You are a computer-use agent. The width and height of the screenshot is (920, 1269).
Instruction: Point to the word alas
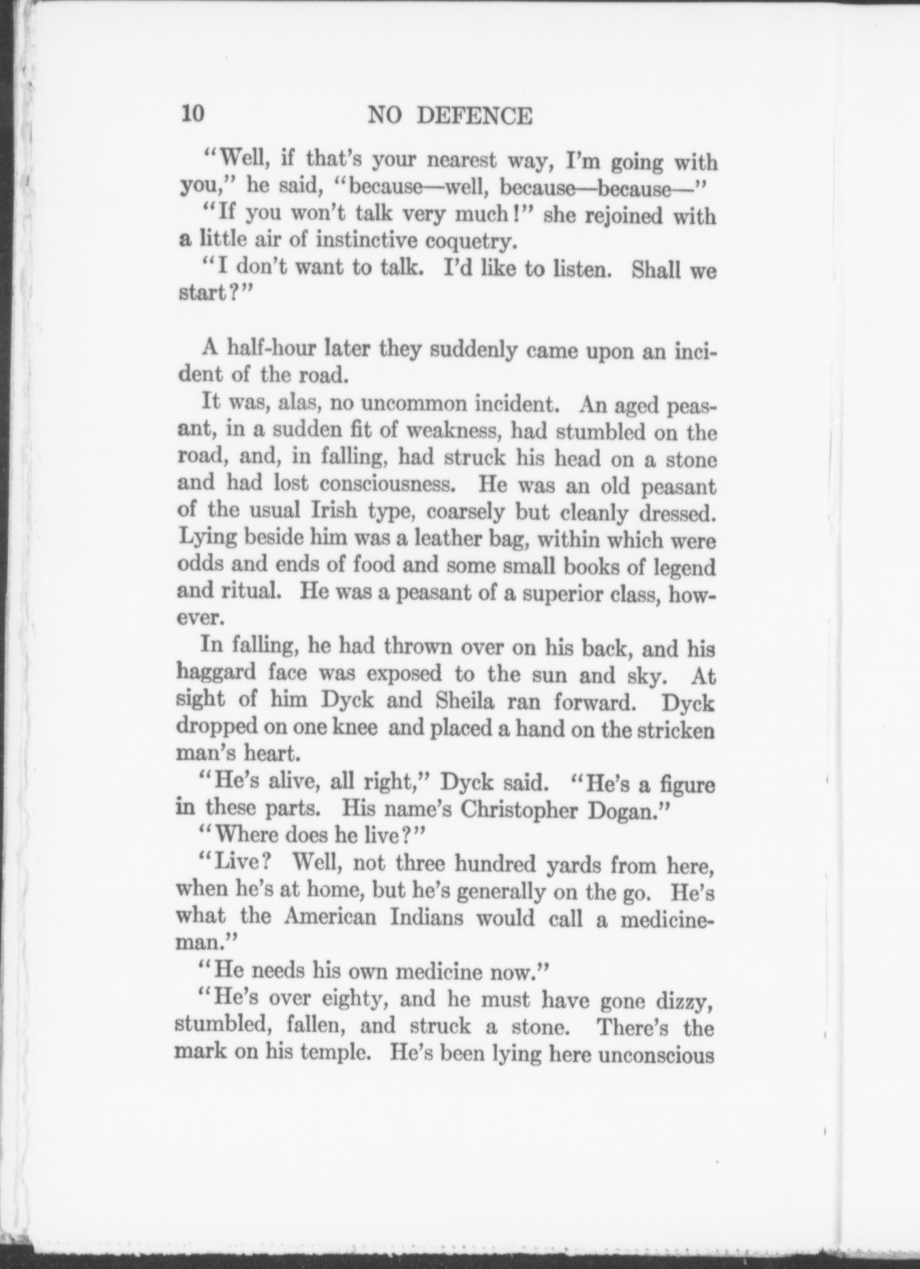(292, 403)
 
